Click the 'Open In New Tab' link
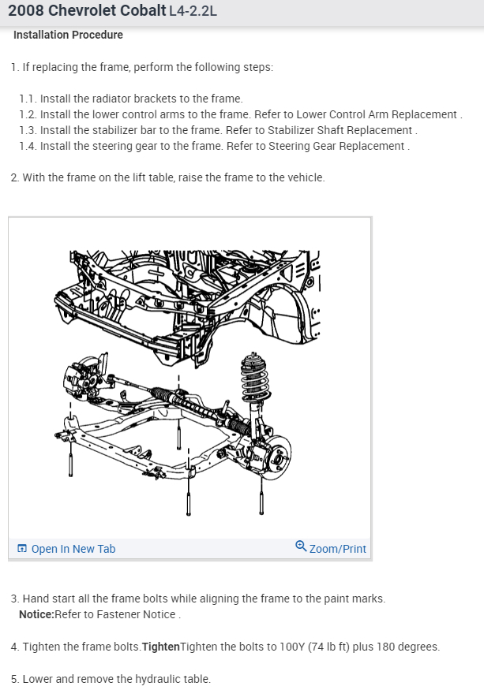point(66,549)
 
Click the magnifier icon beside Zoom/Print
point(301,546)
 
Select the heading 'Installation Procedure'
point(68,35)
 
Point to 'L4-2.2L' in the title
point(193,10)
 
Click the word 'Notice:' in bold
point(36,614)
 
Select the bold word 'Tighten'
point(161,647)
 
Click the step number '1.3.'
point(28,130)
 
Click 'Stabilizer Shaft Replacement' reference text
point(340,130)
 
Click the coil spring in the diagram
point(254,378)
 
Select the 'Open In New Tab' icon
point(21,548)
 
